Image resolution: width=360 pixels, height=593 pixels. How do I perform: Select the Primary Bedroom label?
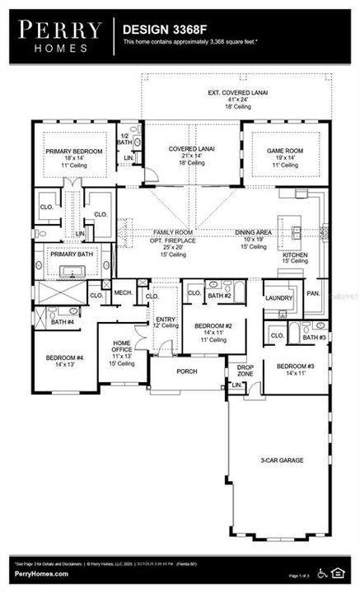75,152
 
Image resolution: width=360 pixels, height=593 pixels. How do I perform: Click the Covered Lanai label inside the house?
191,149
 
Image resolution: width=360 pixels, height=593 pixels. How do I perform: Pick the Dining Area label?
252,233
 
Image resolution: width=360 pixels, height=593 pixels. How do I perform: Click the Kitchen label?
296,256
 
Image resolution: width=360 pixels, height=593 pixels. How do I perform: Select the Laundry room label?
279,298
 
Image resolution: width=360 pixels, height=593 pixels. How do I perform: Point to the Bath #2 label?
219,295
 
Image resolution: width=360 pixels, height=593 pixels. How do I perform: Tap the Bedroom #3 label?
295,367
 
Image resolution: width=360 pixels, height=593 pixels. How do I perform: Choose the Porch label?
187,371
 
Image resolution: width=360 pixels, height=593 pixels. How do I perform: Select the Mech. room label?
124,292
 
